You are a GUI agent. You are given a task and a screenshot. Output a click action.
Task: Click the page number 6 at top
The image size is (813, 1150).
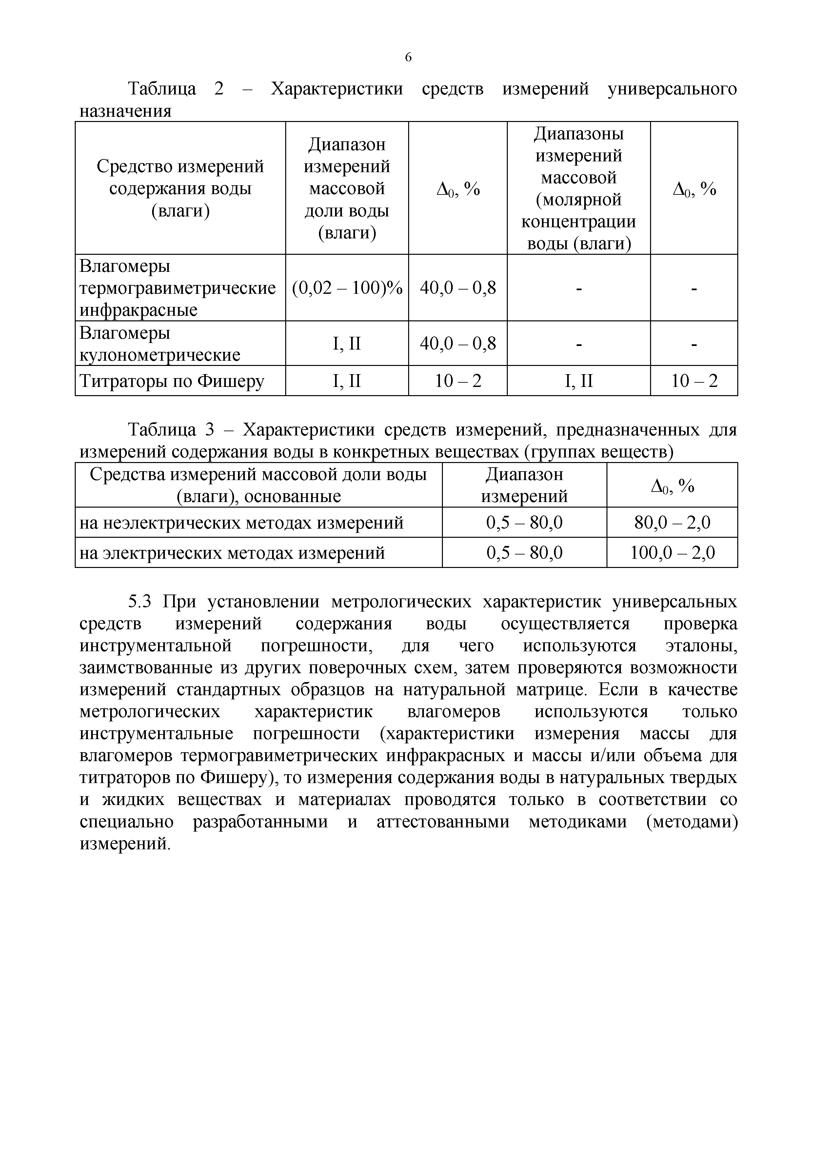point(408,57)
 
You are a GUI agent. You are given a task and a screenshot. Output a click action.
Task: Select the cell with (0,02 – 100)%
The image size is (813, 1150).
point(347,288)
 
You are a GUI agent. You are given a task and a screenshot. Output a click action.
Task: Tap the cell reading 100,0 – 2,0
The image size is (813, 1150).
point(672,553)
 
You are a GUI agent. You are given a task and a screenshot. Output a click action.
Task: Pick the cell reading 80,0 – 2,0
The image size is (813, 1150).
point(672,522)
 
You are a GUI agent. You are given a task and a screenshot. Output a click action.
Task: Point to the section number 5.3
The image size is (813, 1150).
point(140,601)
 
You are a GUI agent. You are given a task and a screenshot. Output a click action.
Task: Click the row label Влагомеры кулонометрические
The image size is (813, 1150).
point(160,344)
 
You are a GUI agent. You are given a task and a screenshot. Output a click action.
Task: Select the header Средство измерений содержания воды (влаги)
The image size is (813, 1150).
point(180,188)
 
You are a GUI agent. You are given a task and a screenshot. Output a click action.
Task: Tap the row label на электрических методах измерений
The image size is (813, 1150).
point(232,553)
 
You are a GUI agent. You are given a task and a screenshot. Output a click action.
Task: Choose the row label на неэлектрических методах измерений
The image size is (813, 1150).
point(241,522)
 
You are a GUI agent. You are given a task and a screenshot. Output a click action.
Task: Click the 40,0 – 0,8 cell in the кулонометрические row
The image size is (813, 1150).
point(458,344)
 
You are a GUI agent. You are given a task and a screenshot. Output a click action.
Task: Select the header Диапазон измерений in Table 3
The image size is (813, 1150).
point(524,485)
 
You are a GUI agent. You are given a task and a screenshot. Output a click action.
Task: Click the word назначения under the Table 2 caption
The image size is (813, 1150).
point(125,111)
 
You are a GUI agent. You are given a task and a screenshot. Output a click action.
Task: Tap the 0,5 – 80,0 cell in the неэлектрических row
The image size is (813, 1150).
point(524,522)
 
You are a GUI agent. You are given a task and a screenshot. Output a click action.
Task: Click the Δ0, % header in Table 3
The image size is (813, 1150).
point(672,485)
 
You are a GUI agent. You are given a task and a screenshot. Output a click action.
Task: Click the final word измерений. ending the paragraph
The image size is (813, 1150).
point(125,844)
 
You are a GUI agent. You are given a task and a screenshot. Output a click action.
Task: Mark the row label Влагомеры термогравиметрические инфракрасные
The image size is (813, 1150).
point(178,288)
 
